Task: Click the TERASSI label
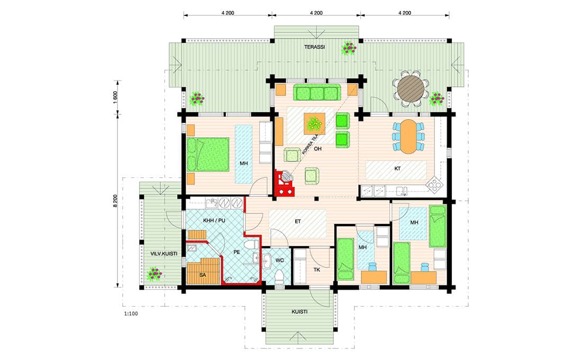coord(314,47)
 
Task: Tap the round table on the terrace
coord(411,88)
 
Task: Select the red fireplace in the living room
coord(284,183)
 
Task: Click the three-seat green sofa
coord(317,93)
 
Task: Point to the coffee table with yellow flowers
coord(315,124)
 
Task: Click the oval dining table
coord(408,137)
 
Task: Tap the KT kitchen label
coord(397,169)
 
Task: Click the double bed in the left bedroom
coord(208,155)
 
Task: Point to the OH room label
coord(318,149)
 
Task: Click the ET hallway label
coord(298,222)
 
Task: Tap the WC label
coord(279,260)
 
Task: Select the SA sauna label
coord(202,275)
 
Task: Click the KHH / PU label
coord(214,221)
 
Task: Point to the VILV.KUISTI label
coord(163,254)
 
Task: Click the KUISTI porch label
coord(299,312)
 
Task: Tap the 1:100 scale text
coord(131,314)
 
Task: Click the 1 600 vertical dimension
coord(115,97)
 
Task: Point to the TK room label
coord(316,270)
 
